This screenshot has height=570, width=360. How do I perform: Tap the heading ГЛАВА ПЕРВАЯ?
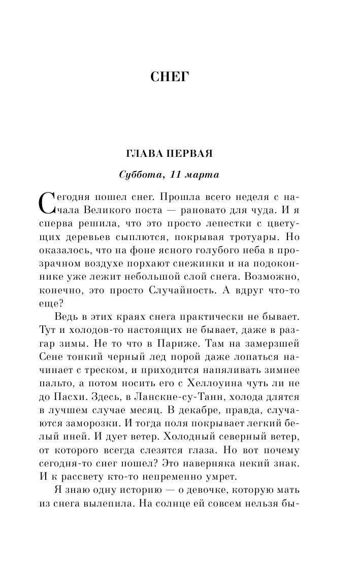pos(169,154)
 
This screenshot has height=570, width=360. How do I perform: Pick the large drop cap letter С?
pos(46,202)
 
